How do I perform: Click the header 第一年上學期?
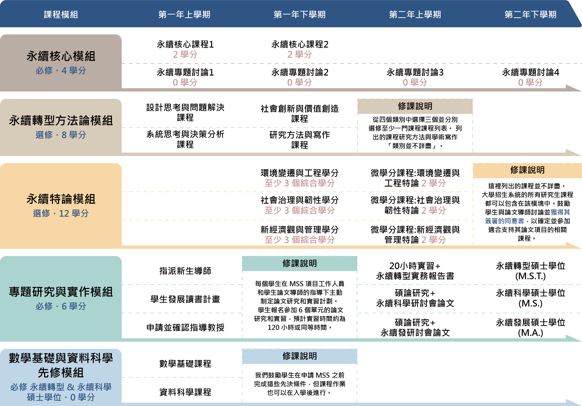click(x=184, y=15)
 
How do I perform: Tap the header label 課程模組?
click(x=61, y=15)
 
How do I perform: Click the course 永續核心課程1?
click(x=185, y=44)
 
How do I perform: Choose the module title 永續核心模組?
click(x=61, y=56)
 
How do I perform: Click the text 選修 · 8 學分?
click(x=61, y=135)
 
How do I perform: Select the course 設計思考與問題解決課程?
click(x=185, y=112)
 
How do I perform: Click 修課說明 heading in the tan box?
click(x=415, y=106)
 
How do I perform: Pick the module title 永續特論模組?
click(x=61, y=199)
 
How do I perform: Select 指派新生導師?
click(x=185, y=271)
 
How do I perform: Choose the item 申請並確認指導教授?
click(x=185, y=327)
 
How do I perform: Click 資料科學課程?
click(x=185, y=392)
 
